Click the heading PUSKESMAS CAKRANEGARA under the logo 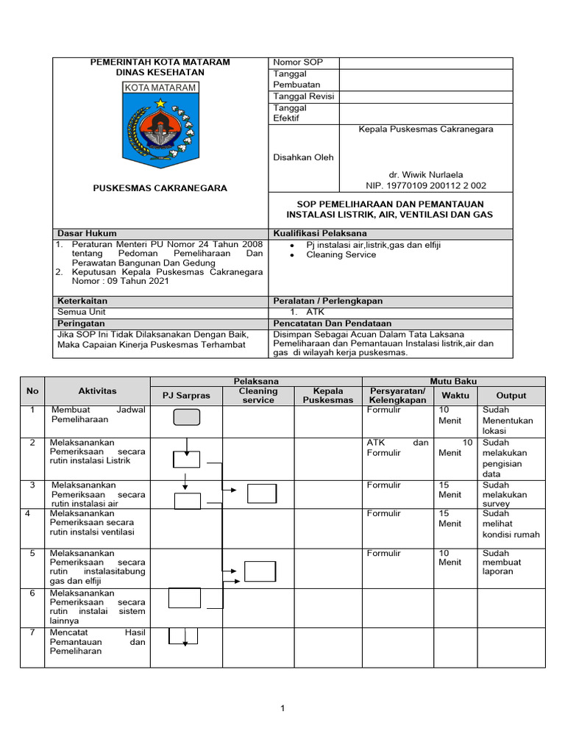coord(160,188)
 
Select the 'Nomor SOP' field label coord(298,63)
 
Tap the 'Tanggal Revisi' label coord(304,96)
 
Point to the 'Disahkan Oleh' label coord(303,157)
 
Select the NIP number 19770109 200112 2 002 coord(426,186)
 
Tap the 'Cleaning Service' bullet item coord(341,255)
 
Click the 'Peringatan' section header coord(81,323)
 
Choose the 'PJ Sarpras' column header coord(186,396)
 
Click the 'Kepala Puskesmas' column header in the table coord(328,396)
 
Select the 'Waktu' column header coord(455,396)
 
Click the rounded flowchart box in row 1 coord(186,418)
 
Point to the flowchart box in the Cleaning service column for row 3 coord(262,493)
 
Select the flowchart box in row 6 coord(184,598)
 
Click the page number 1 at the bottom coord(282,708)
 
